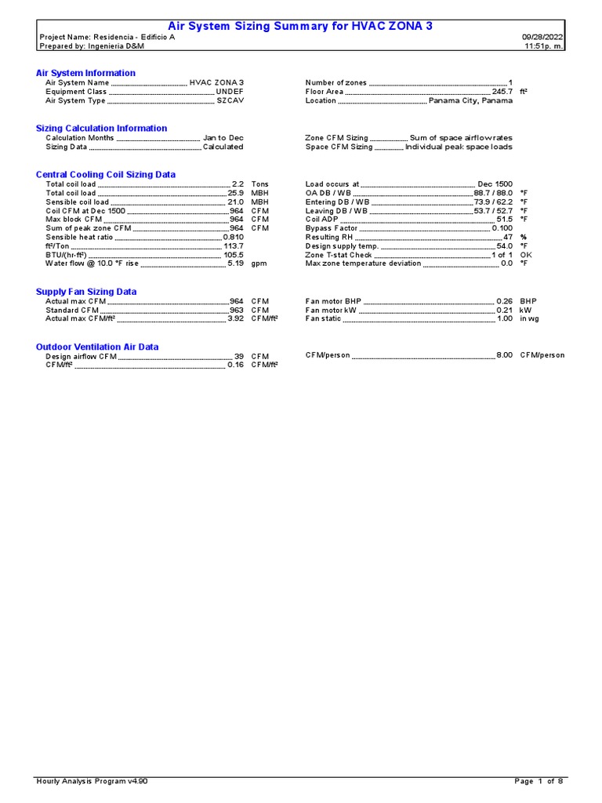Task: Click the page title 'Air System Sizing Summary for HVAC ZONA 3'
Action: coord(300,26)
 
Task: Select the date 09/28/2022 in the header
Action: coord(542,37)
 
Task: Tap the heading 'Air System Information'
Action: coord(85,73)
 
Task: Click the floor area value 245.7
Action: coord(502,92)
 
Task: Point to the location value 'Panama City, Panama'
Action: coord(470,100)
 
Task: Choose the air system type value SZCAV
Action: coord(230,100)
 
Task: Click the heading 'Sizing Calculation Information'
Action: coord(101,128)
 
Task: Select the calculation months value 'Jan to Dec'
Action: coord(223,138)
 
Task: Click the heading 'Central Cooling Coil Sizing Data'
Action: coord(106,174)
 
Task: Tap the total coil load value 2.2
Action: coord(238,184)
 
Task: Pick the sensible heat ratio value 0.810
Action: coord(233,237)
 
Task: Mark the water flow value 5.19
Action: coord(235,263)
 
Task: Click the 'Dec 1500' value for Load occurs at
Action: coord(495,184)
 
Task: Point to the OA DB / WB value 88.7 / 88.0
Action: coord(493,193)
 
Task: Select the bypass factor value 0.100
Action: coord(502,228)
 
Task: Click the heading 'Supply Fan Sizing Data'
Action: coord(86,291)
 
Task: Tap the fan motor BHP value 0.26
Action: coord(504,301)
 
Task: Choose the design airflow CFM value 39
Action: coord(239,356)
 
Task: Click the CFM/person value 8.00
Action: coord(504,355)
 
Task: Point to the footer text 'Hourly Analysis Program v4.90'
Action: coord(92,781)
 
